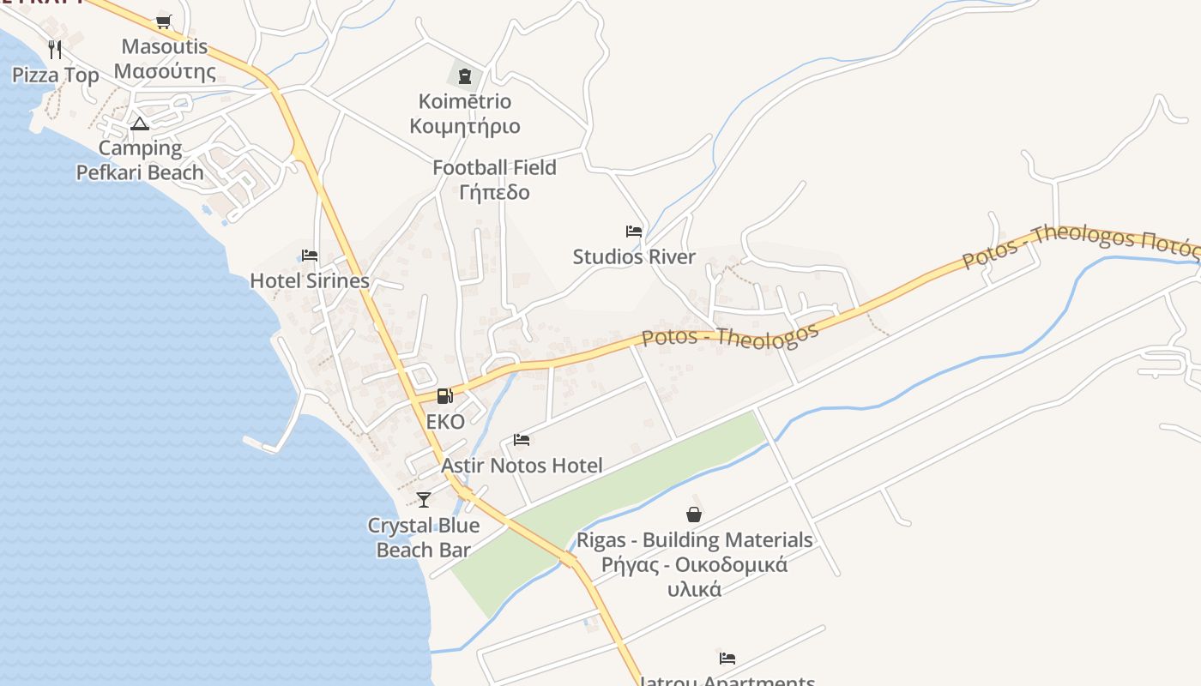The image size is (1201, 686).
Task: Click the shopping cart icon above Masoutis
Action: (163, 21)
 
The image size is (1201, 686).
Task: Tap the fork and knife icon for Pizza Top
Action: (55, 49)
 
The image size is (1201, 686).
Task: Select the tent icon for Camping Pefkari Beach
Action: (140, 123)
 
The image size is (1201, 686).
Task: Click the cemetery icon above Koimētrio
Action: (465, 75)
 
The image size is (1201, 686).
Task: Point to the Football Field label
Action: (494, 168)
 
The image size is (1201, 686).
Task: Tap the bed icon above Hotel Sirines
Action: (310, 256)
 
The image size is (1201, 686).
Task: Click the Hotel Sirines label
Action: (310, 280)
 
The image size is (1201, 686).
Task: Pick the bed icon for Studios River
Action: (634, 232)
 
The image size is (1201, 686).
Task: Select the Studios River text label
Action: (634, 256)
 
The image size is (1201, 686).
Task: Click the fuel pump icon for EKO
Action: (444, 396)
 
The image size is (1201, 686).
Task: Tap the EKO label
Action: (445, 422)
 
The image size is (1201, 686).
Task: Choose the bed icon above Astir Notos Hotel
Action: (522, 440)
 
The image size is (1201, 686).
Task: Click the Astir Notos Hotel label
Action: (522, 466)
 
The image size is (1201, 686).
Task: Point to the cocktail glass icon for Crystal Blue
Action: (424, 499)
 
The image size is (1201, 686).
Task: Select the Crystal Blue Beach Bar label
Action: (424, 538)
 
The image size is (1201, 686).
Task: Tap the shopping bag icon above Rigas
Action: (694, 514)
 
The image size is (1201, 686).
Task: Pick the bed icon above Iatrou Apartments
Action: (727, 659)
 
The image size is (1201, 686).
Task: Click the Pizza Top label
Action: (56, 75)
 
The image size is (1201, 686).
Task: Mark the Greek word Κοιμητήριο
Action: (465, 126)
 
